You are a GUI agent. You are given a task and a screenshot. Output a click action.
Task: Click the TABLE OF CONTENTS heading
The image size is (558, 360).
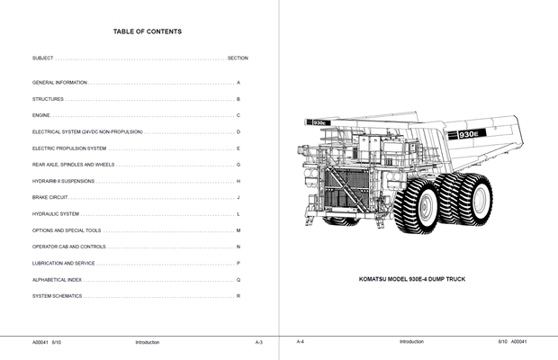click(147, 31)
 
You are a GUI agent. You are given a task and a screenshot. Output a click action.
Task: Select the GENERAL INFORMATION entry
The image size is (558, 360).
click(59, 82)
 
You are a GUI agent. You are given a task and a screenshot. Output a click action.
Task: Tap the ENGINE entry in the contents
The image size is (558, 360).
click(41, 115)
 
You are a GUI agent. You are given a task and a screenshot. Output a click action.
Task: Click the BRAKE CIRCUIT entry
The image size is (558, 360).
click(50, 197)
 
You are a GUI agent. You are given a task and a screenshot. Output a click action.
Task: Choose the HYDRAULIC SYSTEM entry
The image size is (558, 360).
click(56, 214)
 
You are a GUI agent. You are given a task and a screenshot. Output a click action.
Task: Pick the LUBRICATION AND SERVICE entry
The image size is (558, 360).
click(63, 263)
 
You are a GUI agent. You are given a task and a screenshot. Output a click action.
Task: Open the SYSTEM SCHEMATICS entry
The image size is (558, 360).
click(57, 296)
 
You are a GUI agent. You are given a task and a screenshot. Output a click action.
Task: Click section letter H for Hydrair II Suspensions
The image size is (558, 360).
click(238, 181)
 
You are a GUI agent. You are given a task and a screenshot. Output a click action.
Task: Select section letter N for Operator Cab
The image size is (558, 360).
click(238, 247)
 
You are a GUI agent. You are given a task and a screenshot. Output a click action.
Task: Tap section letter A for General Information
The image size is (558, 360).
click(238, 82)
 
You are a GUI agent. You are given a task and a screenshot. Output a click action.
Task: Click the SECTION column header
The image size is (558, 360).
click(238, 58)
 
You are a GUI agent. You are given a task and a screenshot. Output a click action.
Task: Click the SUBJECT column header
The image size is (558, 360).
click(42, 58)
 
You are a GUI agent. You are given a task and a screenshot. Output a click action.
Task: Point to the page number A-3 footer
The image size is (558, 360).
click(258, 342)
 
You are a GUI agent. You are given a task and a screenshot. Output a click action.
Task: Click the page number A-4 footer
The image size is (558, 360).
click(301, 342)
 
